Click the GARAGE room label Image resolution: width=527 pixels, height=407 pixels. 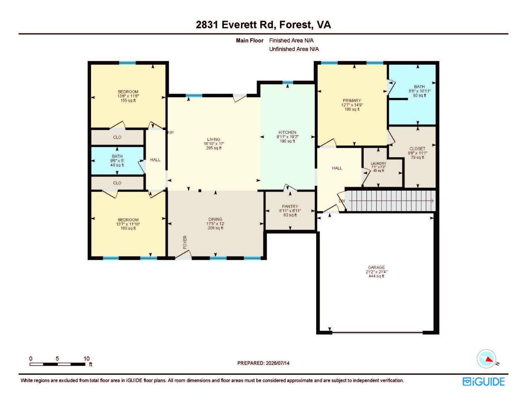click(x=376, y=267)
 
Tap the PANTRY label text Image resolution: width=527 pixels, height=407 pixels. click(x=290, y=206)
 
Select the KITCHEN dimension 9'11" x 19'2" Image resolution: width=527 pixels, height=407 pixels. click(x=287, y=137)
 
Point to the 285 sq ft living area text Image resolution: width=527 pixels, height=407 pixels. click(x=214, y=148)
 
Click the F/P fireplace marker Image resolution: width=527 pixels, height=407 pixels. click(x=170, y=133)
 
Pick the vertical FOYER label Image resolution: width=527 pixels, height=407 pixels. click(x=185, y=242)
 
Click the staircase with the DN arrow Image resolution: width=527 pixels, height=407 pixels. click(x=390, y=201)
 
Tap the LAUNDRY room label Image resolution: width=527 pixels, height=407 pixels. click(x=378, y=164)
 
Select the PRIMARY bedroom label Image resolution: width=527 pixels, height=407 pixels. click(x=352, y=100)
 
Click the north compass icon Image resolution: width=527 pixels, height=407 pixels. click(x=486, y=359)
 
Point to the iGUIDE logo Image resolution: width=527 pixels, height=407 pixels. click(x=483, y=382)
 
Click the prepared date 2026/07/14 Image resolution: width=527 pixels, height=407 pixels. click(x=278, y=363)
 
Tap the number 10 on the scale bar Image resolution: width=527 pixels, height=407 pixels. click(x=86, y=359)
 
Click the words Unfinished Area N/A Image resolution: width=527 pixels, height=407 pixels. click(x=294, y=49)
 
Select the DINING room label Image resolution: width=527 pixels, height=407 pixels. click(x=215, y=219)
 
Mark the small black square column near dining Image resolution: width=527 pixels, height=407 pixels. click(x=200, y=191)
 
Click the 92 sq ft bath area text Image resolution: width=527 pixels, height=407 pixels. click(x=419, y=95)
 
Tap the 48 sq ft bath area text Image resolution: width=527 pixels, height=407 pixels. click(x=117, y=165)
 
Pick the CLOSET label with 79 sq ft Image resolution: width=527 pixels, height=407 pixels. click(x=417, y=149)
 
